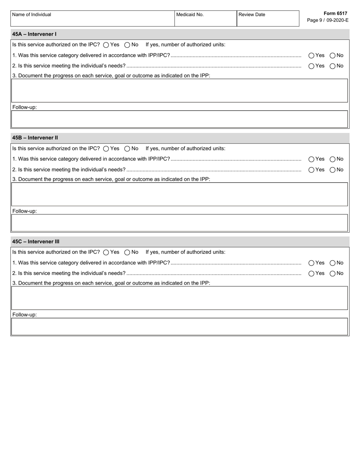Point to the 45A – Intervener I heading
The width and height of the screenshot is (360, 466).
34,34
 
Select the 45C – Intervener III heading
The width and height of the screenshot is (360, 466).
36,242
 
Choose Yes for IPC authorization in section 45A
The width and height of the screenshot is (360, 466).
106,45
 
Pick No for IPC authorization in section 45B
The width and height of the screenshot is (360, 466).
127,149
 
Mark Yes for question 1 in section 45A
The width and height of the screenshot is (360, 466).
311,56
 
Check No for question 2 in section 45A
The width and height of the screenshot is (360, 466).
332,66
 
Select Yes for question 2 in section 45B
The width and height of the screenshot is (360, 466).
311,170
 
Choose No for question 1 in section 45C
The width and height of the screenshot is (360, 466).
332,263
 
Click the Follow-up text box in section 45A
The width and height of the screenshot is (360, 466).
180,119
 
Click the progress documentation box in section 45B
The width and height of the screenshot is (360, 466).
180,194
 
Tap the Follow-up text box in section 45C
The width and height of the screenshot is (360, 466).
180,327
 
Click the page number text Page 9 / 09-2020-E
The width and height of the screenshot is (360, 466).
327,20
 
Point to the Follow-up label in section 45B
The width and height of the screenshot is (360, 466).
25,211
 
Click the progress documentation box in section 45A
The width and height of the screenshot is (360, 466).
180,91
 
